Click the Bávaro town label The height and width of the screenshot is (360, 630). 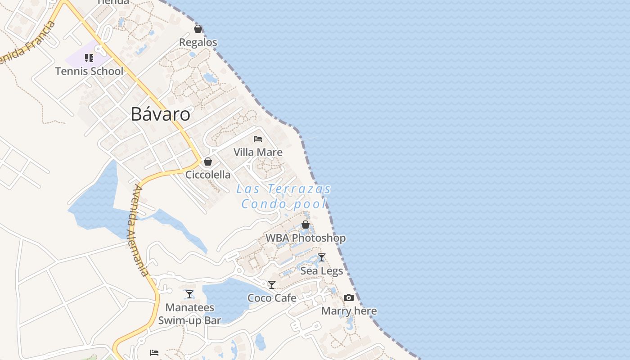160,114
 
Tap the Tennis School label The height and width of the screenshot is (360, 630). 89,71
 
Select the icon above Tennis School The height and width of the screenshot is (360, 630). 89,58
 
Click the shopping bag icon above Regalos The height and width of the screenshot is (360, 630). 198,29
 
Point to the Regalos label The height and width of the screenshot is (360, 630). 198,42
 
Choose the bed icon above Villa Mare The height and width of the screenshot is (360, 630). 258,139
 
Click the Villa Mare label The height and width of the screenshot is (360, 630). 258,152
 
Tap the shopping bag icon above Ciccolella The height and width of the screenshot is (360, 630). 208,162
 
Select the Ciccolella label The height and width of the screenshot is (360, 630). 208,175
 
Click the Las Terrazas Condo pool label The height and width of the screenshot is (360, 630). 284,196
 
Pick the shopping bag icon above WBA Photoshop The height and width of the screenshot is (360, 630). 306,225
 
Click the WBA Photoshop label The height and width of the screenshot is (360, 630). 306,238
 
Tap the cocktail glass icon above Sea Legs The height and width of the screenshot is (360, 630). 322,257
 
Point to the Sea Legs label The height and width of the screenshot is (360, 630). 322,271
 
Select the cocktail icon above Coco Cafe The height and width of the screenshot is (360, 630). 272,285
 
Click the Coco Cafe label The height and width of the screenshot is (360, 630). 272,298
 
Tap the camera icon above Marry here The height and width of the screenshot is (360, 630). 349,298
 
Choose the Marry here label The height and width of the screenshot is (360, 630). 349,311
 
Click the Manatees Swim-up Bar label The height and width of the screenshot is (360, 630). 189,314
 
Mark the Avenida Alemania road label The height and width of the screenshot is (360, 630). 138,229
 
